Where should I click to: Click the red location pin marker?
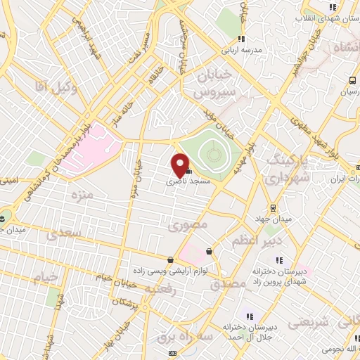pos(180,165)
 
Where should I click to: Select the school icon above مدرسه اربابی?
pos(242,39)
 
